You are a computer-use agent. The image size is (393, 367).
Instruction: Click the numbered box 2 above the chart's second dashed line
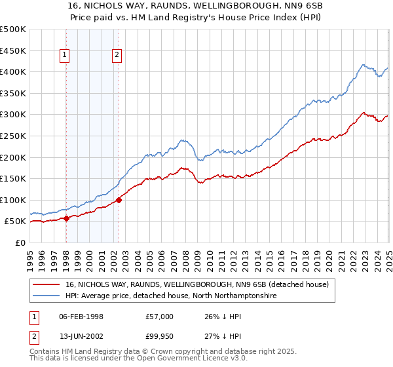(x=117, y=56)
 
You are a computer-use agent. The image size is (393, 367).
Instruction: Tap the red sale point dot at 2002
(x=119, y=200)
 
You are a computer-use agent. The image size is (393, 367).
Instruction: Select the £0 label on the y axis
(x=20, y=242)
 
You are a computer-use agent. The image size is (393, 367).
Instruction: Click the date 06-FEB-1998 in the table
(x=81, y=317)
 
